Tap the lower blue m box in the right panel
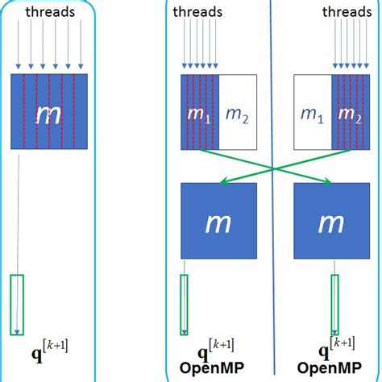coord(331,221)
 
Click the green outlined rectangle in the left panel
coord(17,305)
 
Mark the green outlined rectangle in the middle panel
coord(184,305)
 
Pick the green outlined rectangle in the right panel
coord(333,305)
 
